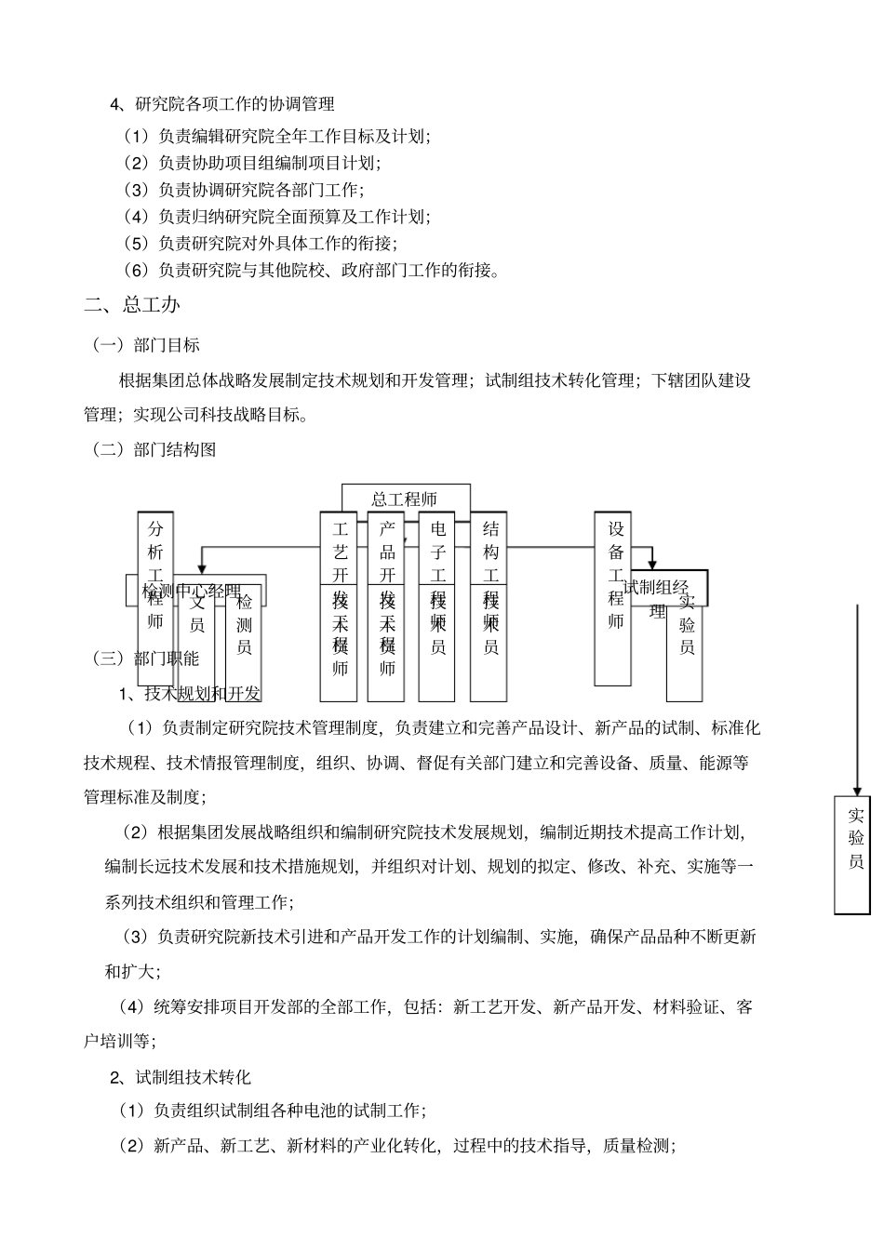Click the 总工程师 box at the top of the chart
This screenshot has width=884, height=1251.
click(405, 499)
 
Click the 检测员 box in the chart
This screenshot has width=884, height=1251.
click(244, 624)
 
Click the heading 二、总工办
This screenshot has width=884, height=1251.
click(132, 304)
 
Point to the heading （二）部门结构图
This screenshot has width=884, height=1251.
click(154, 450)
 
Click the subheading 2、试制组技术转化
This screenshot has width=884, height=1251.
click(181, 1077)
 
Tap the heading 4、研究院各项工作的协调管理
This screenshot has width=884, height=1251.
click(222, 104)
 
